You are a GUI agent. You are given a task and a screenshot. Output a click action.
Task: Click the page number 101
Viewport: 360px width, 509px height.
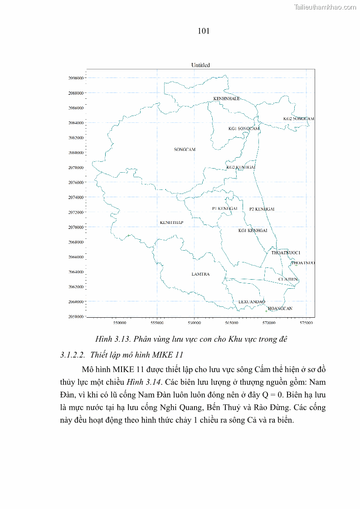tap(204, 31)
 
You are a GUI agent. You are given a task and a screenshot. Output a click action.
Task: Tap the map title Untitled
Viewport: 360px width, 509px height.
tap(200, 65)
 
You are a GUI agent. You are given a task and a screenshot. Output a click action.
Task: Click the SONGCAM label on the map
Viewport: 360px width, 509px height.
tap(185, 150)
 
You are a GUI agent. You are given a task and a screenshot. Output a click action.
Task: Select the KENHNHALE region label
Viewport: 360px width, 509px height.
tap(226, 99)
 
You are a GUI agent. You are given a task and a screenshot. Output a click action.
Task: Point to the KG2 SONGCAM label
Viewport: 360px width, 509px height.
tap(298, 119)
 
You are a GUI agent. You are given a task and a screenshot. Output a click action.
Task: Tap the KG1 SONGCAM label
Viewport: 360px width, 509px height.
tap(243, 129)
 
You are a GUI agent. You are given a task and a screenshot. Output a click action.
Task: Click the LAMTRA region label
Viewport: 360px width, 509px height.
tap(200, 274)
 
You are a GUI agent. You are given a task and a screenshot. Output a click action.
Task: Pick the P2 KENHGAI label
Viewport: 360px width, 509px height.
tap(262, 209)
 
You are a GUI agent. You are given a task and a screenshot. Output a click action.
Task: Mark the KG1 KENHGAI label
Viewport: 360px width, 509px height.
tap(253, 231)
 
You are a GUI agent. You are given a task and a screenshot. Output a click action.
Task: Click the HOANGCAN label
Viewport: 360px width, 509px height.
tap(280, 309)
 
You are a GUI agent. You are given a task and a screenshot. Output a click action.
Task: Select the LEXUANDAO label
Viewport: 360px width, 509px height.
tap(252, 302)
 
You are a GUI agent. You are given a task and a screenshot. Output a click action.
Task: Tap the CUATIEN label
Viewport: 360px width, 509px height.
tap(288, 279)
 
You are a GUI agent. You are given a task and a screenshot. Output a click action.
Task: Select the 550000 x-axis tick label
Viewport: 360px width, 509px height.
tap(120, 323)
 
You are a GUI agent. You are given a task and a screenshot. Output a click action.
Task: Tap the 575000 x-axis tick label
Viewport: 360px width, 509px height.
tap(306, 323)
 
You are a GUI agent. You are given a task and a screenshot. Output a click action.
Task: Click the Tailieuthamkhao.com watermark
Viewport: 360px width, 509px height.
tap(325, 7)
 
